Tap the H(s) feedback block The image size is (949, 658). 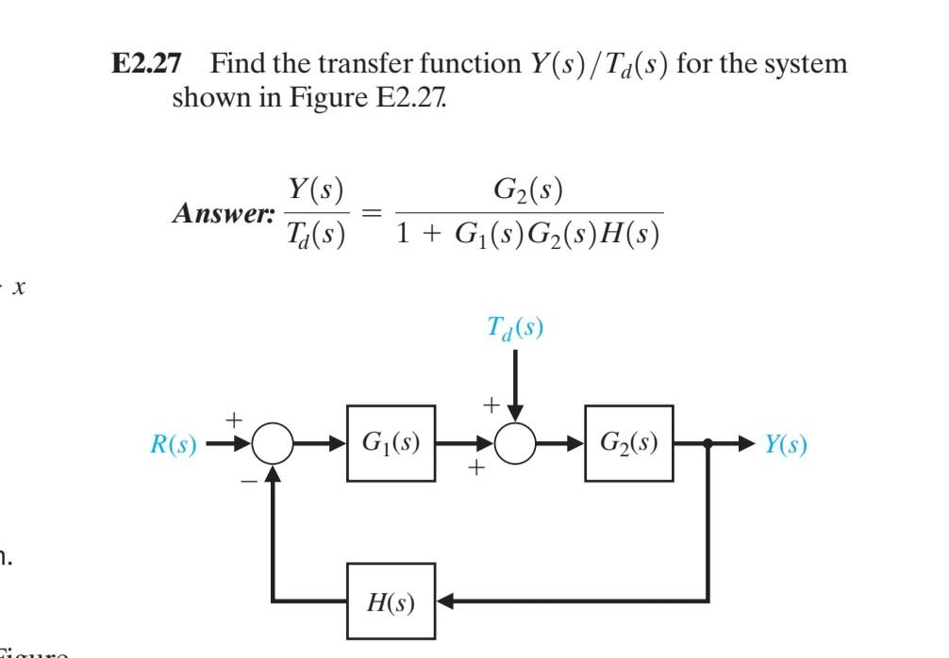(x=391, y=600)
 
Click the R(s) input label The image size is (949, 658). (x=173, y=445)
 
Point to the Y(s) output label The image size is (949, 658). (x=785, y=445)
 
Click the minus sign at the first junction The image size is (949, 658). (x=247, y=480)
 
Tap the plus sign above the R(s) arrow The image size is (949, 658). (x=233, y=416)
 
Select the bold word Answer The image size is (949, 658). (x=221, y=213)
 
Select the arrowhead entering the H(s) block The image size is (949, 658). (x=446, y=600)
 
